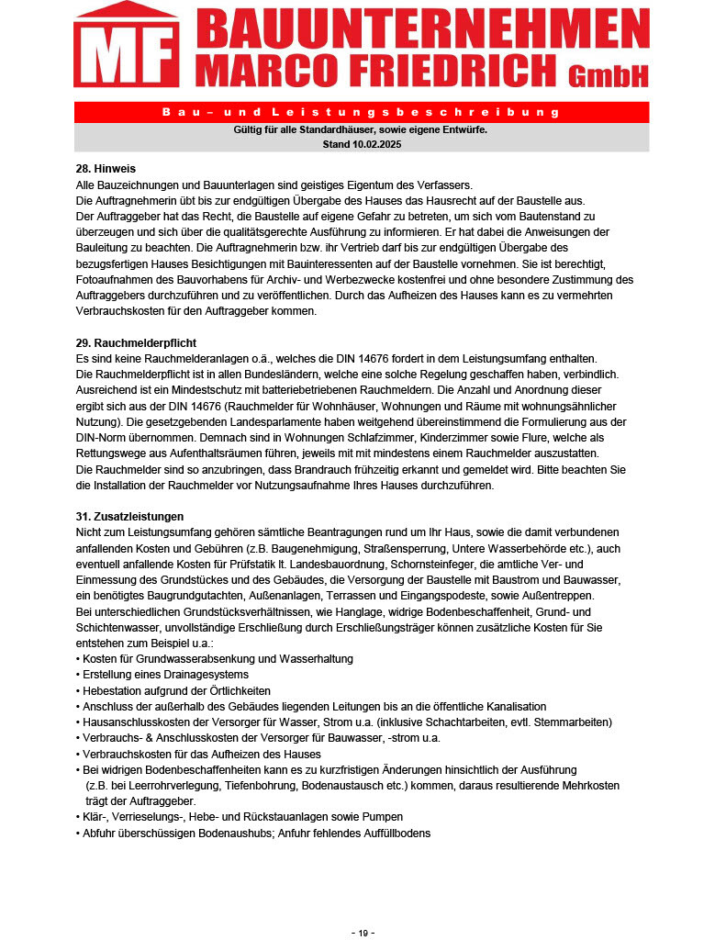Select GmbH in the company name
coord(608,75)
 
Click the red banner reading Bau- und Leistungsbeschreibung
coord(361,112)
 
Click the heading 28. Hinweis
coord(106,169)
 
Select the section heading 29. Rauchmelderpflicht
coord(136,342)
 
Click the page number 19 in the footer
coord(363,933)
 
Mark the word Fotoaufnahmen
coord(115,279)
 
